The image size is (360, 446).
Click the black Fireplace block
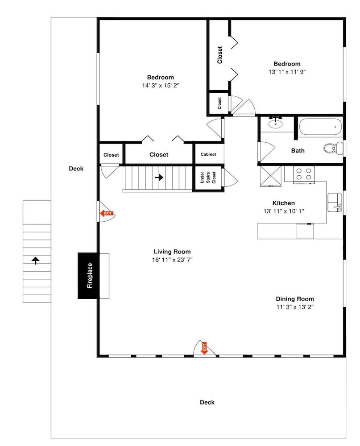[88, 275]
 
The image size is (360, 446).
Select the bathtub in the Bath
[320, 127]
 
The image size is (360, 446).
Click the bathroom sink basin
[276, 124]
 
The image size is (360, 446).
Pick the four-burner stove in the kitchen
[304, 174]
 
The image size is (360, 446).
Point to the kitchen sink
[335, 202]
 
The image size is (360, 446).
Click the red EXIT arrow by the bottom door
[204, 348]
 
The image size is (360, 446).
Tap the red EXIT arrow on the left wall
[107, 213]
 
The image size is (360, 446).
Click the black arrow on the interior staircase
[159, 178]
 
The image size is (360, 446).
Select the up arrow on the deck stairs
[35, 260]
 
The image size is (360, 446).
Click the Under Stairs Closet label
[208, 178]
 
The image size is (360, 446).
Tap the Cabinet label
[208, 154]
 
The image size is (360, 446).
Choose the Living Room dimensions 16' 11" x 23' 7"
[172, 260]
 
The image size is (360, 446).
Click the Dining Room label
[295, 299]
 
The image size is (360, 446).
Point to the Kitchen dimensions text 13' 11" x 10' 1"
[284, 211]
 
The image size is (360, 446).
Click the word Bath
[298, 150]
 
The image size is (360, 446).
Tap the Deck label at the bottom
[207, 402]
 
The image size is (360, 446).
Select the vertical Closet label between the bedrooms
[219, 55]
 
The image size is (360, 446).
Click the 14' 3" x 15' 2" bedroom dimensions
[161, 85]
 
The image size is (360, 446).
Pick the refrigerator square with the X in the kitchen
[270, 176]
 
